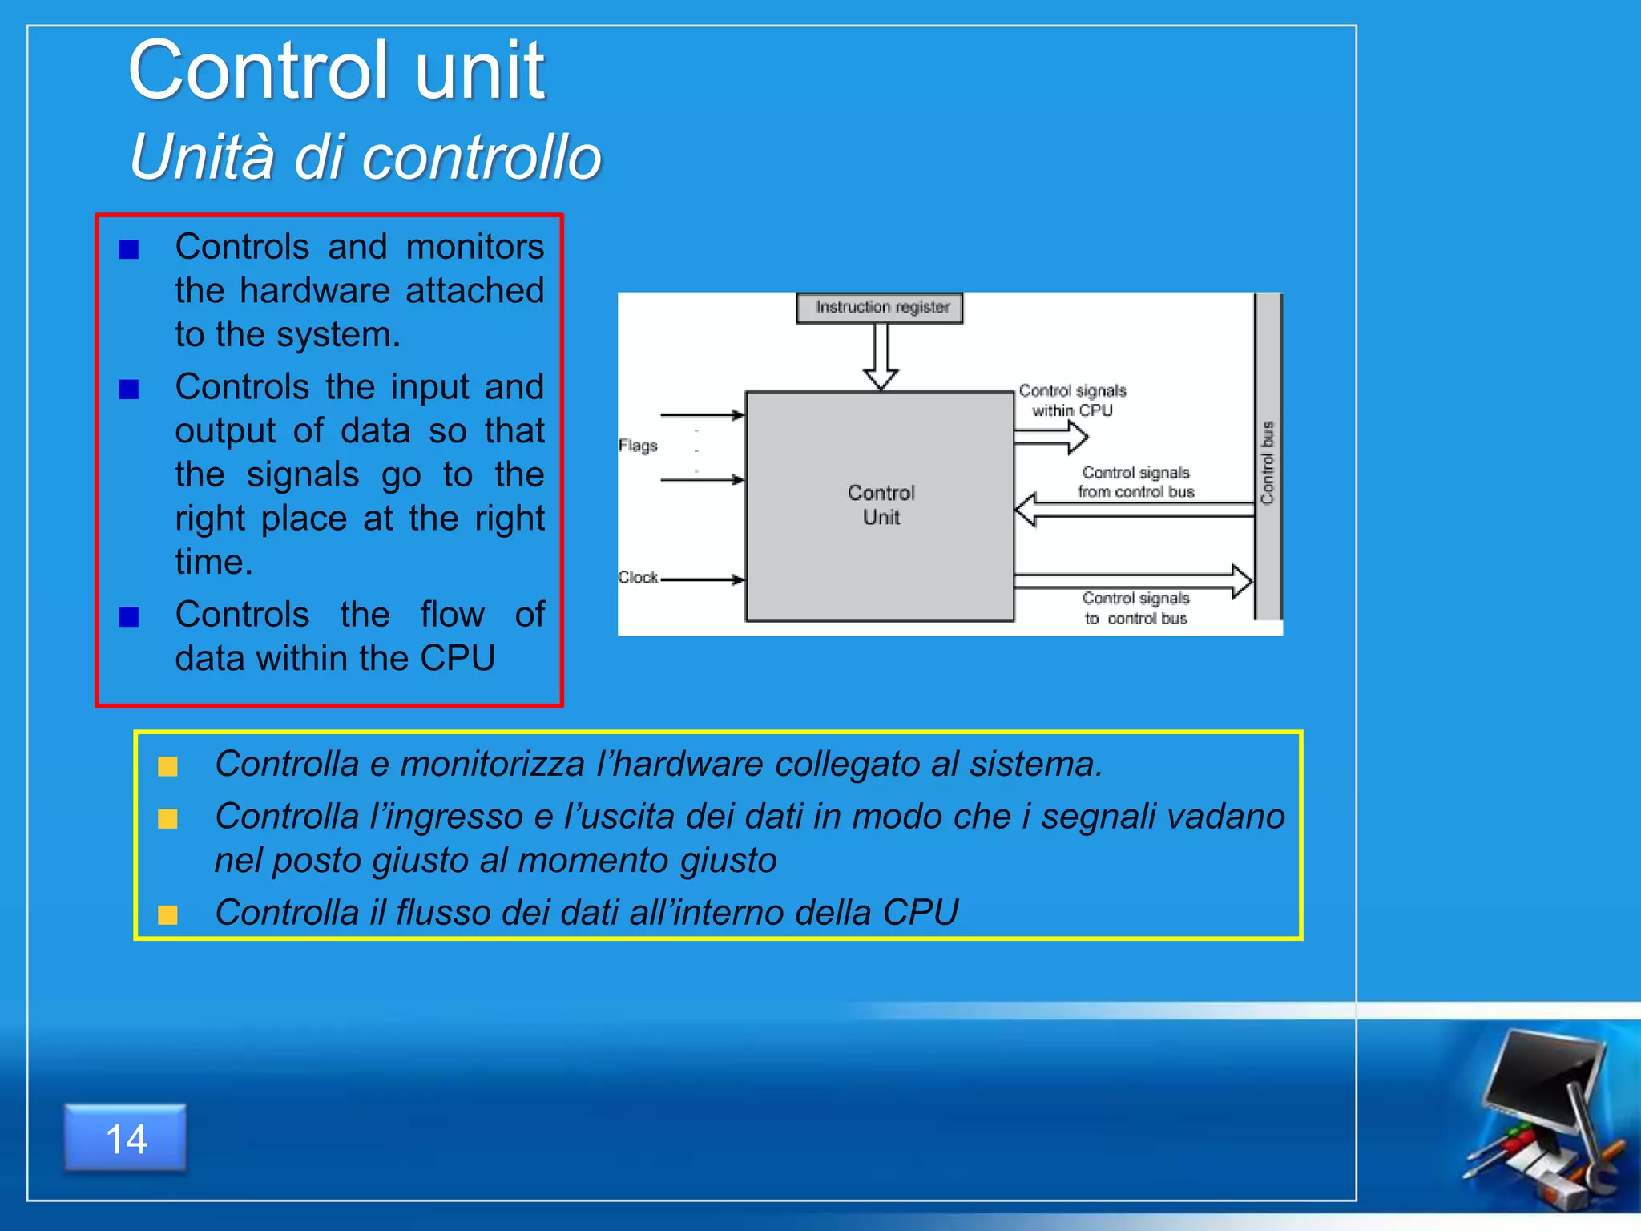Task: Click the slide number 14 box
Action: [x=126, y=1138]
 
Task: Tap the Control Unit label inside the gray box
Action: [x=881, y=505]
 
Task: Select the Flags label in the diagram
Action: [x=638, y=446]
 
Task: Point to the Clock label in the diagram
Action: [x=638, y=577]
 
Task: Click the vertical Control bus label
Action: [x=1268, y=462]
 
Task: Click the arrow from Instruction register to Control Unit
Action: [x=881, y=357]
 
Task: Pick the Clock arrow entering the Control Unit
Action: [x=702, y=579]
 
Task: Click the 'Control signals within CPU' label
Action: [x=1072, y=400]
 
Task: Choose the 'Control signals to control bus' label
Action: [x=1135, y=608]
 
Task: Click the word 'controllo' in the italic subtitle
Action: [x=481, y=157]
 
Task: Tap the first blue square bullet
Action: [x=129, y=250]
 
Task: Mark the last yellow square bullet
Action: [x=167, y=914]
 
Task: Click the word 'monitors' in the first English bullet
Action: [x=474, y=247]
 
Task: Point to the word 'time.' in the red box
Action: [x=214, y=562]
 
